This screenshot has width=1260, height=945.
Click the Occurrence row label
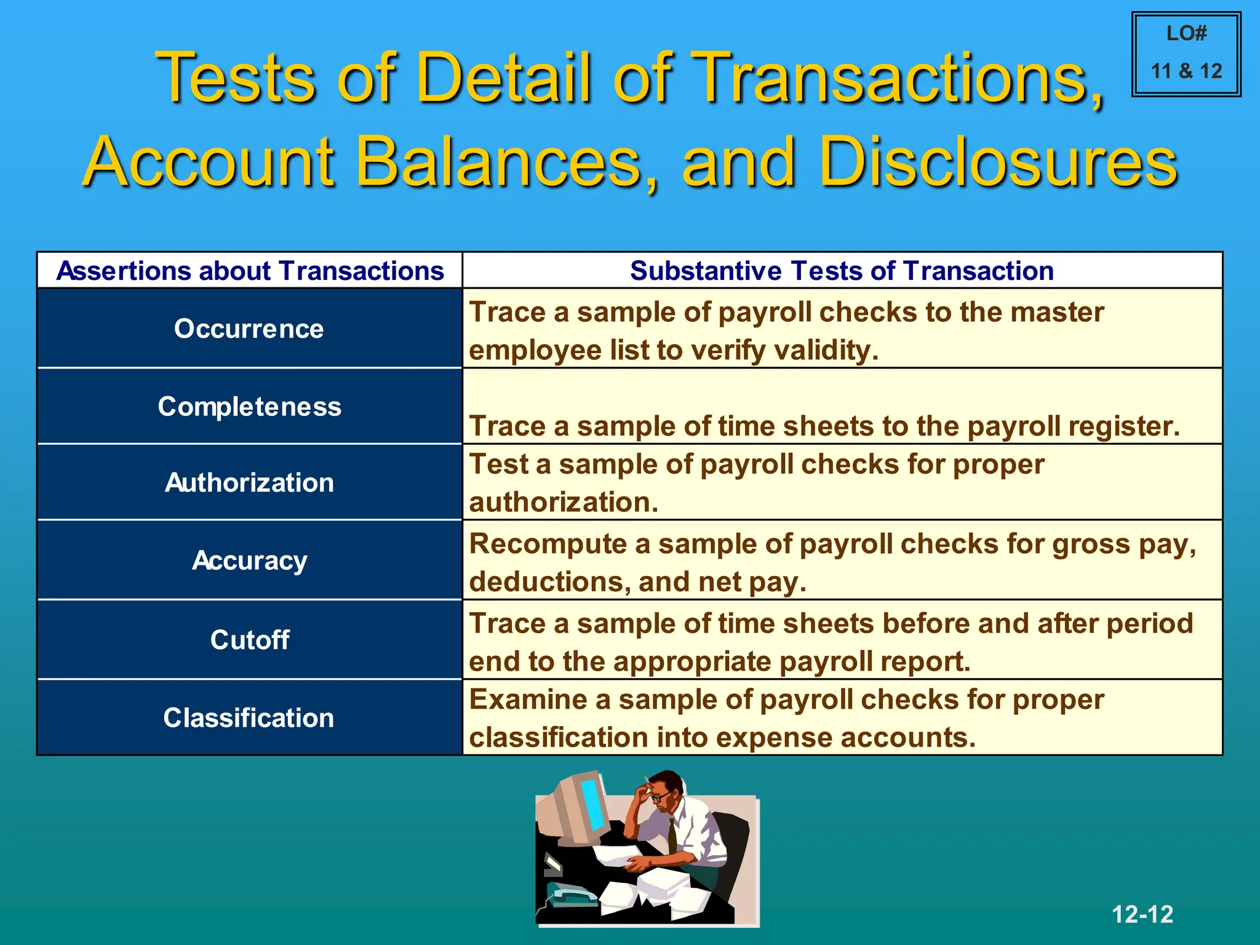click(249, 329)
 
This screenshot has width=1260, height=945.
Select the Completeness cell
click(249, 407)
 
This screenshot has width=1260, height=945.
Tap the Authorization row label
click(249, 482)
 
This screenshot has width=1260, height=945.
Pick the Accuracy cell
click(249, 560)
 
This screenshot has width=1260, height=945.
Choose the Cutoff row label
click(249, 640)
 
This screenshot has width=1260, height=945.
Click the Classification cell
click(249, 718)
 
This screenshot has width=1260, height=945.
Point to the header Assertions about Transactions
click(250, 271)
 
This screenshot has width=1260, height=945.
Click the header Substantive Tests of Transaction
click(842, 271)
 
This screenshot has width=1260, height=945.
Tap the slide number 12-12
click(1142, 914)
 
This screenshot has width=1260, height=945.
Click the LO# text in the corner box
click(1186, 33)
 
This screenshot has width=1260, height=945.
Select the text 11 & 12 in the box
click(1186, 71)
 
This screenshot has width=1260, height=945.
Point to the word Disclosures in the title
click(998, 161)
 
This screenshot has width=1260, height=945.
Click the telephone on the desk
click(569, 895)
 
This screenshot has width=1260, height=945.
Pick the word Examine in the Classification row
click(539, 700)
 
